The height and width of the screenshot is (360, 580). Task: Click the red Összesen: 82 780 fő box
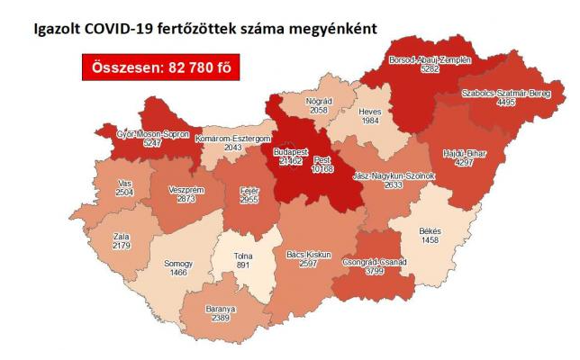pos(162,67)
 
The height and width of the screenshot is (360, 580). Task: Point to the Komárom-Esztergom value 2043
pos(231,148)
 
